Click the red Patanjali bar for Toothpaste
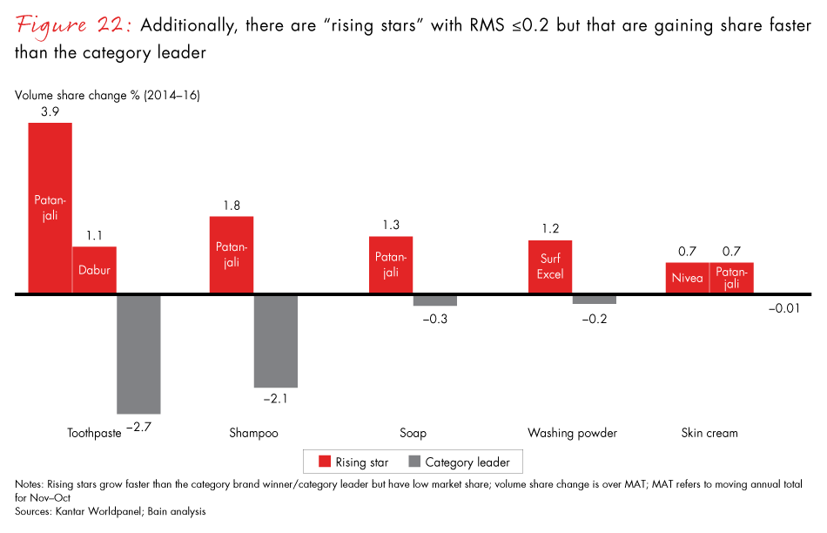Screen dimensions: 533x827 click(50, 208)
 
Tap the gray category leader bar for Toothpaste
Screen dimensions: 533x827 click(138, 354)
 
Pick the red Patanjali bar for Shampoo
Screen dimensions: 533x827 click(232, 254)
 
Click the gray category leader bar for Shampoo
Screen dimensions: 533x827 click(276, 341)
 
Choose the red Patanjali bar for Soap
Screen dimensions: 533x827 click(391, 265)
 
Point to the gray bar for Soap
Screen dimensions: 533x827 click(435, 300)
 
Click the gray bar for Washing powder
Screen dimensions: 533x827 click(595, 300)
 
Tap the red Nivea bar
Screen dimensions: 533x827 click(688, 278)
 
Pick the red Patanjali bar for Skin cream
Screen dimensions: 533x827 click(732, 278)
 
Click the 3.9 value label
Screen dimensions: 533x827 click(50, 112)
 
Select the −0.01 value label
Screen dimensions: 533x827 click(783, 307)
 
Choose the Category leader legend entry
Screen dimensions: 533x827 click(458, 462)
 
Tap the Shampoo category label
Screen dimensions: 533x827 click(253, 433)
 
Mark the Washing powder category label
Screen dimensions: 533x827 click(572, 433)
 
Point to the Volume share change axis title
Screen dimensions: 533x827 click(107, 93)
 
